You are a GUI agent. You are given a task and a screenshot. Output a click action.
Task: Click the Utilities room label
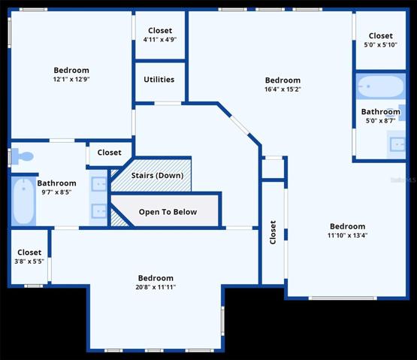159,80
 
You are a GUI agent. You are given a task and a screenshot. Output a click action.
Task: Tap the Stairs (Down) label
158,176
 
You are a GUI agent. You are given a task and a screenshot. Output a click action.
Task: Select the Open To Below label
168,212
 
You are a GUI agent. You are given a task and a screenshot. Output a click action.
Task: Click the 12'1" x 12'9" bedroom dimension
71,79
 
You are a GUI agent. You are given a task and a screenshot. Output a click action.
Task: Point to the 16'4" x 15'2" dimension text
283,89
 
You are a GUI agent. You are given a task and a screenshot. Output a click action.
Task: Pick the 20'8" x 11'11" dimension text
156,287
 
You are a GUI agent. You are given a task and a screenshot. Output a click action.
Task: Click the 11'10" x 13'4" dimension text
347,235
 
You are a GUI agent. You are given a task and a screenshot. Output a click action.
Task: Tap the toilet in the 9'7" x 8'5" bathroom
23,156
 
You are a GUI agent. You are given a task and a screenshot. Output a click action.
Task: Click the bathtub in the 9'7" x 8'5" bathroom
23,201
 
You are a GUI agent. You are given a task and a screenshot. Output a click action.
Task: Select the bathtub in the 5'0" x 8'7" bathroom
381,86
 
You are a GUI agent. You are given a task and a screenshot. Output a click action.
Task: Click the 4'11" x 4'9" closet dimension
160,39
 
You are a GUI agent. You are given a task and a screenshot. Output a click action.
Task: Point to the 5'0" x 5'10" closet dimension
381,44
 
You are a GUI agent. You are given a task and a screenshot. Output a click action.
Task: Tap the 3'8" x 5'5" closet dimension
29,262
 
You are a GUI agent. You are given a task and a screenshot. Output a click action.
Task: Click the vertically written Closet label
273,232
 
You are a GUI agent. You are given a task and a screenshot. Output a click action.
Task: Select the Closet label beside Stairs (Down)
109,153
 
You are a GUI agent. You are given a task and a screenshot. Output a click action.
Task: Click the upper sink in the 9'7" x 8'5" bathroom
98,184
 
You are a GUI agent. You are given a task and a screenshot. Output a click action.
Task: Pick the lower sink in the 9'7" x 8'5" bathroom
98,211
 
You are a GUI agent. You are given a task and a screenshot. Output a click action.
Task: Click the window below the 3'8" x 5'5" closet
34,286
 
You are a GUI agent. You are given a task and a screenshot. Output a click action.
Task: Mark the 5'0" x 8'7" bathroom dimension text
381,121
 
